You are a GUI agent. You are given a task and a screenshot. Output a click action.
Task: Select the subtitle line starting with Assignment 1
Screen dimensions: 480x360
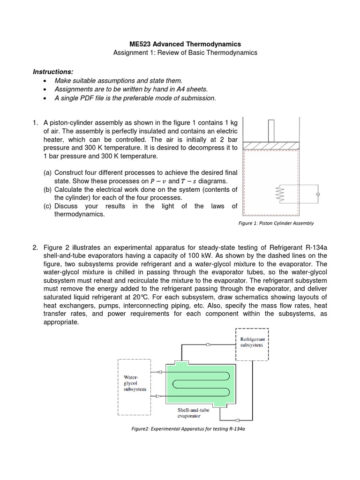tap(185, 53)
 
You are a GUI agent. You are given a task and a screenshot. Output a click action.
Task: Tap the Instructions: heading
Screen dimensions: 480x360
tap(53, 72)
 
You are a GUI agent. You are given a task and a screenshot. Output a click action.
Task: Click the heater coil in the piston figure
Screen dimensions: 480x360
tap(282, 194)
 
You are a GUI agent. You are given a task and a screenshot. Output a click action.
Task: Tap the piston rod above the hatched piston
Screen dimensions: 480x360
tap(271, 131)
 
